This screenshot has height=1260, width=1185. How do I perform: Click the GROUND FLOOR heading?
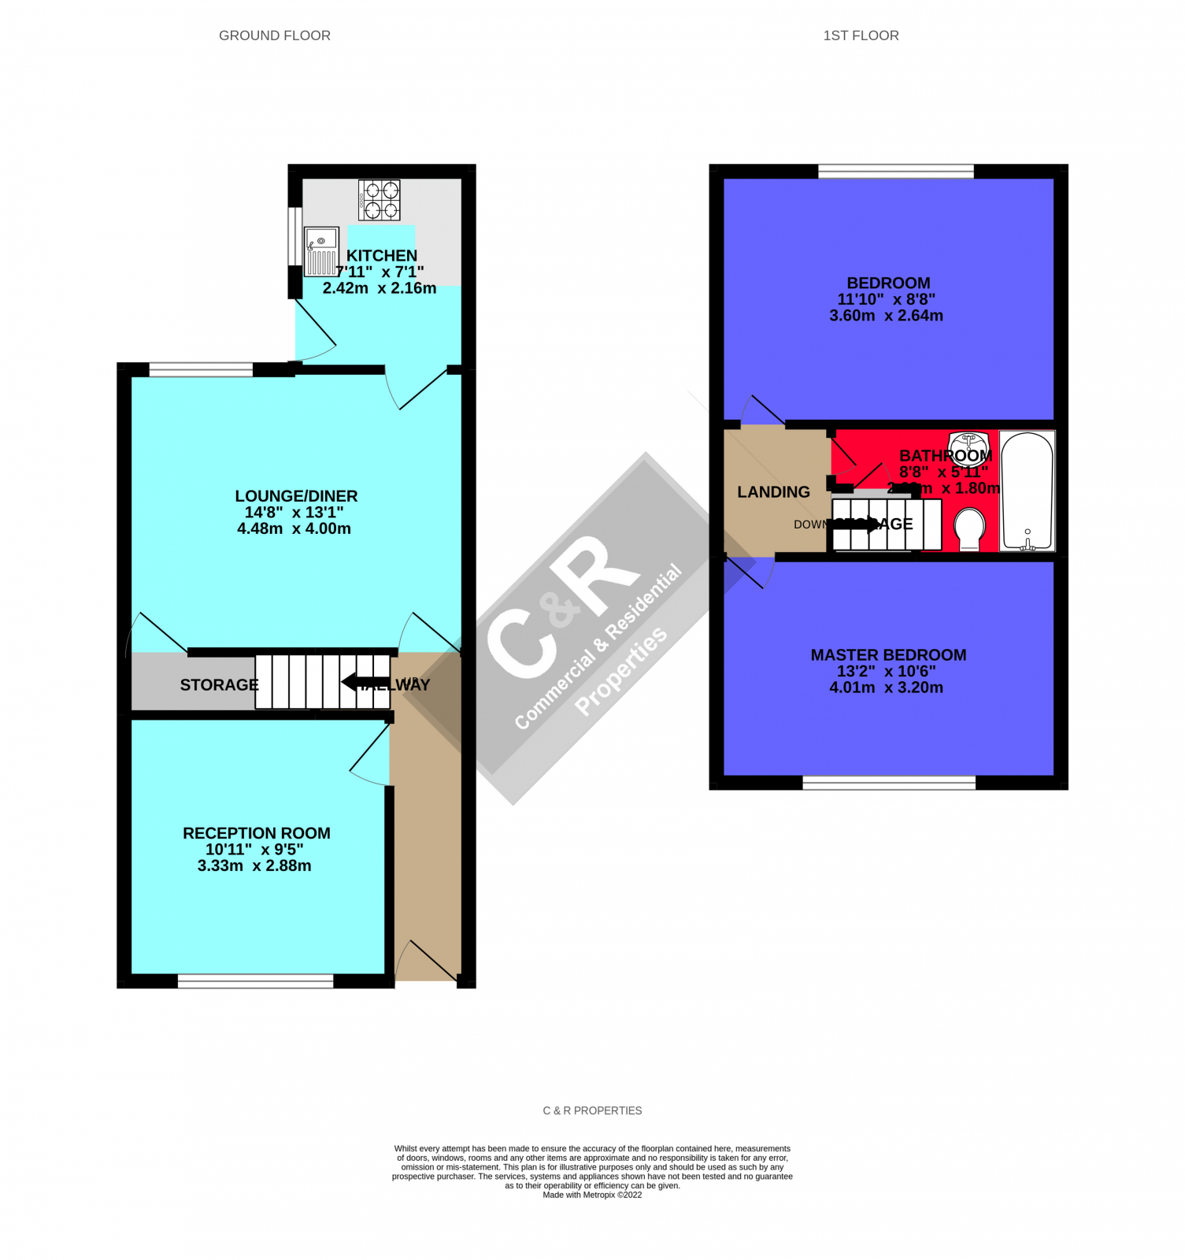[x=274, y=35]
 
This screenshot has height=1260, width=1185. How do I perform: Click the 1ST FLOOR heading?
[x=860, y=35]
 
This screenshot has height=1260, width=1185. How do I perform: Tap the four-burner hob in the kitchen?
[x=380, y=200]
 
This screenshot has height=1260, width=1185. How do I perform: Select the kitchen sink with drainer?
[x=321, y=251]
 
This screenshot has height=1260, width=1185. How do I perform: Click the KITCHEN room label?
[x=382, y=255]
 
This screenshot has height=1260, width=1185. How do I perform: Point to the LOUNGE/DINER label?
[x=296, y=496]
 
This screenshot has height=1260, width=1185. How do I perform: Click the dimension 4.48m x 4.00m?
[x=294, y=528]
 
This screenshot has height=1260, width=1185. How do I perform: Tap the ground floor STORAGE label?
[x=218, y=685]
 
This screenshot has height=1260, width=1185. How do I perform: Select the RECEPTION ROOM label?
[x=256, y=833]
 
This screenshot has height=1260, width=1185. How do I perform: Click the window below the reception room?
[x=255, y=980]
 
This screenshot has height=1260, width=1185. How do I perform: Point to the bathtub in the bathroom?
[x=1027, y=491]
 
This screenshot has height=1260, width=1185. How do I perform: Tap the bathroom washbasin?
[x=968, y=442]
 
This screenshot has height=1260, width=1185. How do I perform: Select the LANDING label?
[x=773, y=492]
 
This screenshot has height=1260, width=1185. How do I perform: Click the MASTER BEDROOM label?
[x=888, y=655]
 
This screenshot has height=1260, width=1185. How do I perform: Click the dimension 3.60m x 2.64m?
[x=886, y=316]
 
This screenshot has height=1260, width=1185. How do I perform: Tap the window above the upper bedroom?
[x=895, y=172]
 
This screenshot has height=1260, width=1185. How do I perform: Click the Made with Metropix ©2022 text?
[x=592, y=1195]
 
